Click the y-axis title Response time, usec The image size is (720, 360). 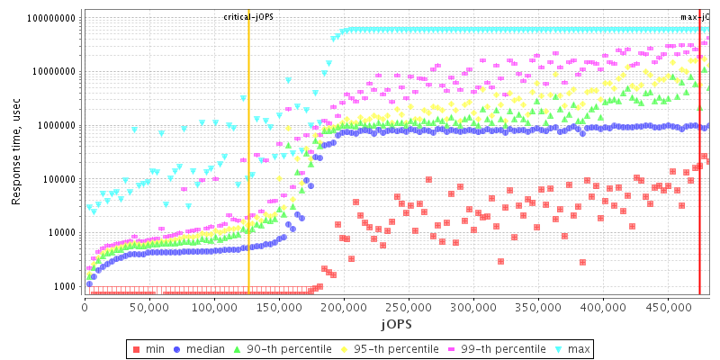pos(16,150)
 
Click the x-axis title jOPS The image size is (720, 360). pos(395,322)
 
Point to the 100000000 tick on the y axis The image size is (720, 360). pos(49,18)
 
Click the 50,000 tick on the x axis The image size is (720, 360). pos(148,306)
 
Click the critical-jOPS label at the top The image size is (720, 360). pos(248,17)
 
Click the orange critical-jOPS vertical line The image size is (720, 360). pos(248,180)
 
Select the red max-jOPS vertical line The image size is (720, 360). pos(699,180)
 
